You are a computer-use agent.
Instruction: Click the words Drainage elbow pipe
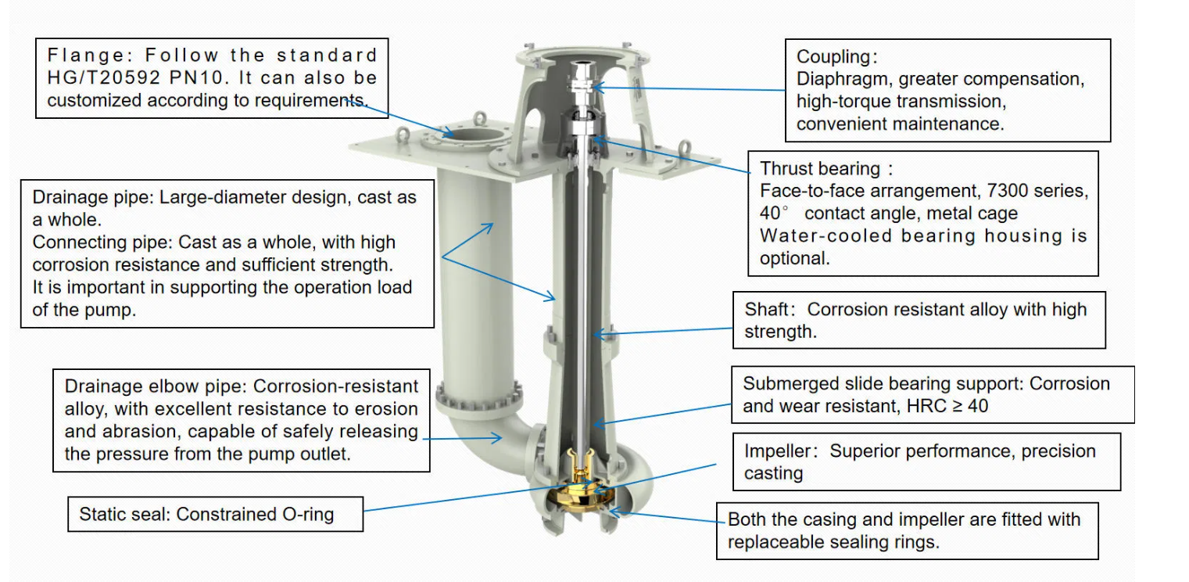pyautogui.click(x=156, y=386)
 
